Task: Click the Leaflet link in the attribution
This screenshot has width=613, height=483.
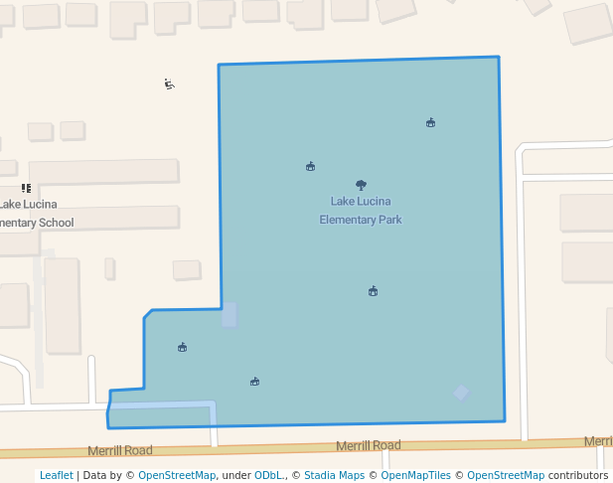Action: (x=56, y=475)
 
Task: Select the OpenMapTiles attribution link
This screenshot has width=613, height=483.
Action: (x=416, y=475)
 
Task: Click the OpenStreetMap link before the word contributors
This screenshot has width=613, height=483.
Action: (x=506, y=475)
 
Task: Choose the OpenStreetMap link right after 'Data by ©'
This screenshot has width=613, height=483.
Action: (x=177, y=475)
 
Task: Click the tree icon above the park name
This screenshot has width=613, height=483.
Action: (x=361, y=185)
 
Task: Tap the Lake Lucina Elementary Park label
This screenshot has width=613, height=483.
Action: (x=361, y=211)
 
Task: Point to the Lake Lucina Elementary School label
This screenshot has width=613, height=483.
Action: (x=35, y=214)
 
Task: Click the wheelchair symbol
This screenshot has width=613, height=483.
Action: (x=170, y=84)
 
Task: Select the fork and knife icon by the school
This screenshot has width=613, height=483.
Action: (x=26, y=188)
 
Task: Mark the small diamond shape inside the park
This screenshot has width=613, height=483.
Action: (x=461, y=393)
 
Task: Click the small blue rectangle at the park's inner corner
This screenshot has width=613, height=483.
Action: (x=230, y=315)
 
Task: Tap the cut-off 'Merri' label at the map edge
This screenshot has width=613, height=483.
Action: (x=598, y=441)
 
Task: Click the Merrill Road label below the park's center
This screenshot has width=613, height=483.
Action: (x=368, y=445)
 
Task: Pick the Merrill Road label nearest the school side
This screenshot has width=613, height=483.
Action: (x=119, y=450)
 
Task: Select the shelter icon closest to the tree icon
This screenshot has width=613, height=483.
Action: (x=311, y=166)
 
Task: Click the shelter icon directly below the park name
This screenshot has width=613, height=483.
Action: (x=373, y=291)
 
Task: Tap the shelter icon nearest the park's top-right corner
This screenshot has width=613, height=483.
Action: (x=430, y=122)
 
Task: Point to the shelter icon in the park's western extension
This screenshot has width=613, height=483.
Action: (x=183, y=347)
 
